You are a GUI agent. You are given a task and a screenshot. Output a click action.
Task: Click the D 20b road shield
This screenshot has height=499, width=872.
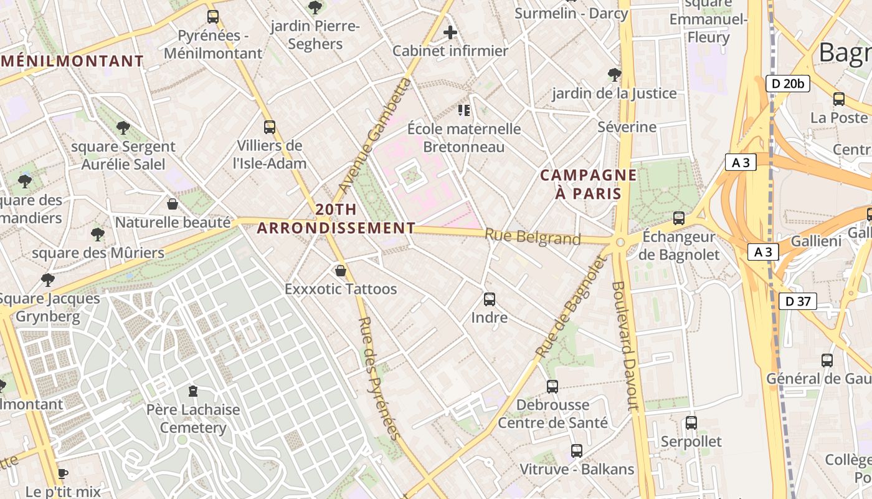pyautogui.click(x=787, y=84)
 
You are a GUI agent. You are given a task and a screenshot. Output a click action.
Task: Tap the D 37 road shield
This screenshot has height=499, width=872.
pyautogui.click(x=798, y=302)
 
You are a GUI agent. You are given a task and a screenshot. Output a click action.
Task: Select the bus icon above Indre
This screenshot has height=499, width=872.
pyautogui.click(x=490, y=299)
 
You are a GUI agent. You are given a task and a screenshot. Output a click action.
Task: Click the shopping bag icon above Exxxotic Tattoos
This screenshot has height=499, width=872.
pyautogui.click(x=340, y=271)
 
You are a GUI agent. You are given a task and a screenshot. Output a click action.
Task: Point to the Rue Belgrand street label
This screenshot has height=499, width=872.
pyautogui.click(x=533, y=237)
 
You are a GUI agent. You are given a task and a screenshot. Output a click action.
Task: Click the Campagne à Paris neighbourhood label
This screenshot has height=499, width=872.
pyautogui.click(x=589, y=184)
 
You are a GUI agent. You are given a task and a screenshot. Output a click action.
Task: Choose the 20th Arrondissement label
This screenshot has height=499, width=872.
pyautogui.click(x=336, y=219)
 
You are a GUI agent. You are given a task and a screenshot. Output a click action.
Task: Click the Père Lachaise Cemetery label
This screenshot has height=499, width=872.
pyautogui.click(x=193, y=419)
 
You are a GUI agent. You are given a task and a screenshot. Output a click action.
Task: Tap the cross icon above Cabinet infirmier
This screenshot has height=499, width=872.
pyautogui.click(x=450, y=32)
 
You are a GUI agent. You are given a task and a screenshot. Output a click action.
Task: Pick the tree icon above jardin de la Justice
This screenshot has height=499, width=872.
pyautogui.click(x=614, y=75)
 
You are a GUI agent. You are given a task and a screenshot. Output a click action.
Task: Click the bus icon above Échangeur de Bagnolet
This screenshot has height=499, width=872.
pyautogui.click(x=679, y=218)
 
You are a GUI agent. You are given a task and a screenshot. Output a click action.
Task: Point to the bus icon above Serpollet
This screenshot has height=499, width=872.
pyautogui.click(x=691, y=423)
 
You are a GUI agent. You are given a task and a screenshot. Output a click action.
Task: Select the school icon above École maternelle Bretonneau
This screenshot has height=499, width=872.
pyautogui.click(x=464, y=110)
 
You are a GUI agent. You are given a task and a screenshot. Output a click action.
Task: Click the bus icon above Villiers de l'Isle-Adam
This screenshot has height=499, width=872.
pyautogui.click(x=270, y=127)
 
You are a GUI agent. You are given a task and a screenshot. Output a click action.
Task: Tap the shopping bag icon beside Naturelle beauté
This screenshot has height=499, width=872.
pyautogui.click(x=173, y=204)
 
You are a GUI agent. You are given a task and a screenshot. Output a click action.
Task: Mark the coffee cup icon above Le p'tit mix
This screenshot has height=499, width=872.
pyautogui.click(x=62, y=473)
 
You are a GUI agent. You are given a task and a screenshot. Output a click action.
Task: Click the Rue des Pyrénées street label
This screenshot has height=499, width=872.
pyautogui.click(x=377, y=379)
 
